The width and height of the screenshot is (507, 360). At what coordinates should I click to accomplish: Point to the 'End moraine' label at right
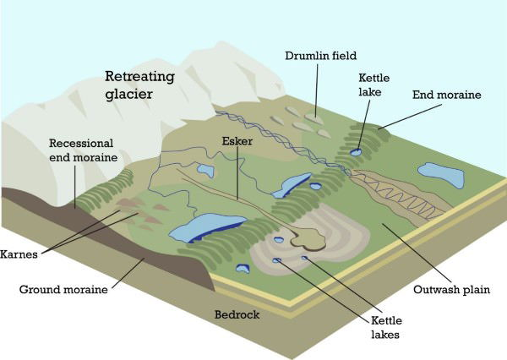pyautogui.click(x=446, y=95)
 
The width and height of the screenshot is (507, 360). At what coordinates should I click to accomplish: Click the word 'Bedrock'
pyautogui.click(x=236, y=315)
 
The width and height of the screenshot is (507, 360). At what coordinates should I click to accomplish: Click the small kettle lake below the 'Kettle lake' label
pyautogui.click(x=357, y=151)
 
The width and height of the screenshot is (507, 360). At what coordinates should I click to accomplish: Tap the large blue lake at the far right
pyautogui.click(x=441, y=175)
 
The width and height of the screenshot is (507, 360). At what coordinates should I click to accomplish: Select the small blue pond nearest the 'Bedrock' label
pyautogui.click(x=244, y=270)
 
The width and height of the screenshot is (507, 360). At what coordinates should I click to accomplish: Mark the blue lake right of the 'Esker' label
pyautogui.click(x=292, y=183)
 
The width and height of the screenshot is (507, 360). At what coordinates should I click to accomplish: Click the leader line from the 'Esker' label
pyautogui.click(x=237, y=173)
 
